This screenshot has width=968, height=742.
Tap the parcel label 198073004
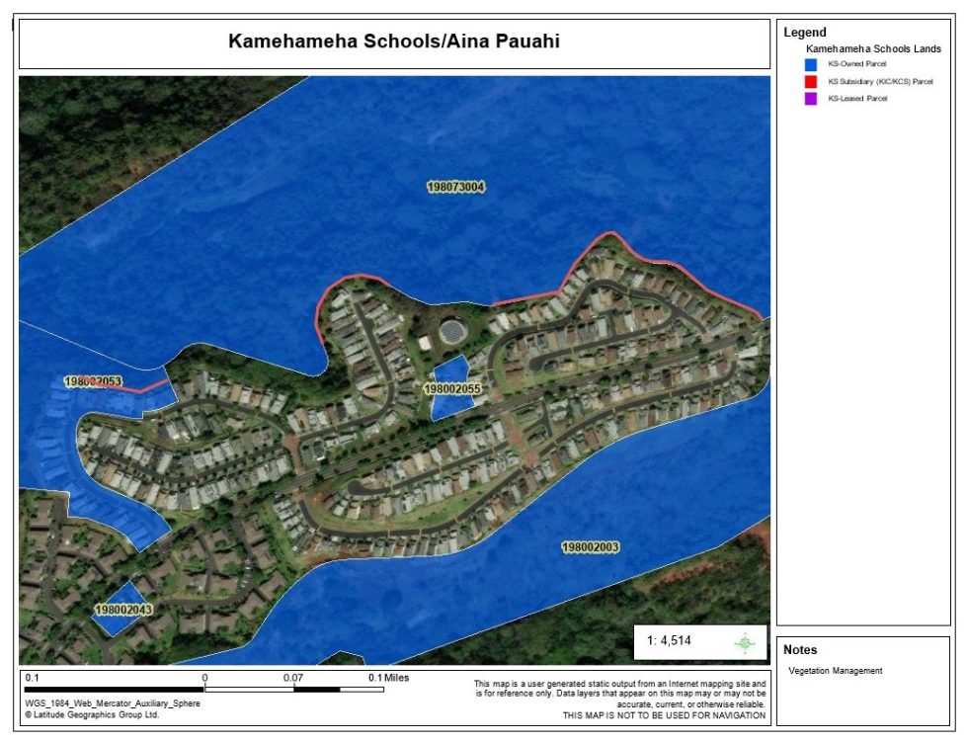click(456, 187)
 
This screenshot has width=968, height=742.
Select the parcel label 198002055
click(451, 390)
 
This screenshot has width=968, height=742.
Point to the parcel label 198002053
click(93, 381)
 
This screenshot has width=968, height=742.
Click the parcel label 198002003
click(590, 547)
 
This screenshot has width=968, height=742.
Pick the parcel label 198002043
click(123, 611)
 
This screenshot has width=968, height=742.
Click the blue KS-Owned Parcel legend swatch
click(810, 64)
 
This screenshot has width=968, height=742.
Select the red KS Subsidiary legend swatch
click(810, 81)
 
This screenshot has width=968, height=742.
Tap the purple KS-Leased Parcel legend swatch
click(810, 98)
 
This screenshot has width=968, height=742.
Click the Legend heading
click(804, 33)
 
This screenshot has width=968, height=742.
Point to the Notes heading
click(800, 650)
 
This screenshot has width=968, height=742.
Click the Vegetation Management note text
click(835, 671)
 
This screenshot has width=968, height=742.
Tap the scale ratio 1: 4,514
click(669, 640)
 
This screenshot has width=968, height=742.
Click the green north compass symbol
click(745, 642)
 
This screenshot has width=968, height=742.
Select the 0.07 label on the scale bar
click(292, 678)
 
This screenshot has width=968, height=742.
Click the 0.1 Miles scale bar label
click(388, 678)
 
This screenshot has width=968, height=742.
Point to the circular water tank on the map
click(450, 331)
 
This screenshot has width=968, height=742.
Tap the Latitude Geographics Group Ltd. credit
click(91, 714)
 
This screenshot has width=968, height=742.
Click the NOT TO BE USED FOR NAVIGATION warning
click(663, 714)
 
